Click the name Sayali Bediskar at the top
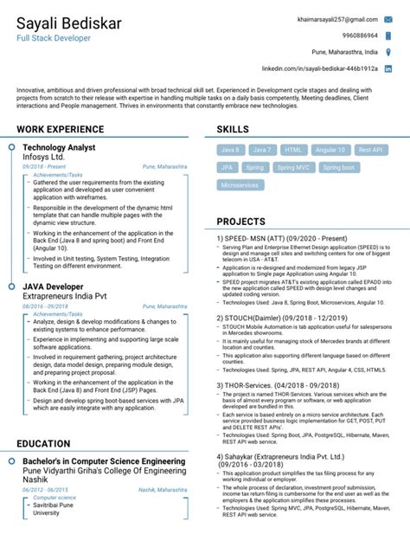coord(70,22)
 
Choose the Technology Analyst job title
coord(59,148)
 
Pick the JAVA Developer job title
coord(53,286)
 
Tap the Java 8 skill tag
coord(231,150)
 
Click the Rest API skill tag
coord(369,150)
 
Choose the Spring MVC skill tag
coord(292,168)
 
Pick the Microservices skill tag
coord(240,185)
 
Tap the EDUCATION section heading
coord(43,444)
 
